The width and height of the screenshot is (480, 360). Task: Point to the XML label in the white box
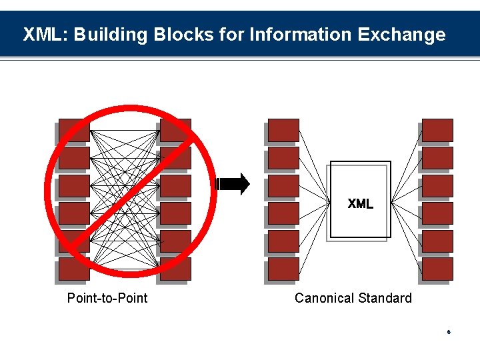(x=360, y=204)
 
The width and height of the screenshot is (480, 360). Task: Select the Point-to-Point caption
(x=107, y=298)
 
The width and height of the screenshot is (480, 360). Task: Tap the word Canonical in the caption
(x=325, y=298)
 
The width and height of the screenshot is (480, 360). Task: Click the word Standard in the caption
(x=386, y=298)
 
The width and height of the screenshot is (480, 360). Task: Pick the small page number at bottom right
(x=449, y=332)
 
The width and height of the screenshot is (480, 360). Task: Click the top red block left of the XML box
(x=283, y=130)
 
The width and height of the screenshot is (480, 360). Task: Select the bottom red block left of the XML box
(x=283, y=269)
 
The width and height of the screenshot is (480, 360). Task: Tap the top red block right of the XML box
(x=437, y=130)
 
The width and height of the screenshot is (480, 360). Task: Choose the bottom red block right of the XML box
(x=437, y=269)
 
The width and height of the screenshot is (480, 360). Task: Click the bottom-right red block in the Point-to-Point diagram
(x=175, y=269)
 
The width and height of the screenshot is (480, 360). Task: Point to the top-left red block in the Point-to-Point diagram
(x=73, y=130)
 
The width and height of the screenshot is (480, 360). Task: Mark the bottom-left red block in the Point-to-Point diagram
(x=73, y=269)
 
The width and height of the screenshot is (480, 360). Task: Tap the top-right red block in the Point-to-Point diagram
(x=175, y=130)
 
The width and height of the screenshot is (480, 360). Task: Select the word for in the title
(x=232, y=35)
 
